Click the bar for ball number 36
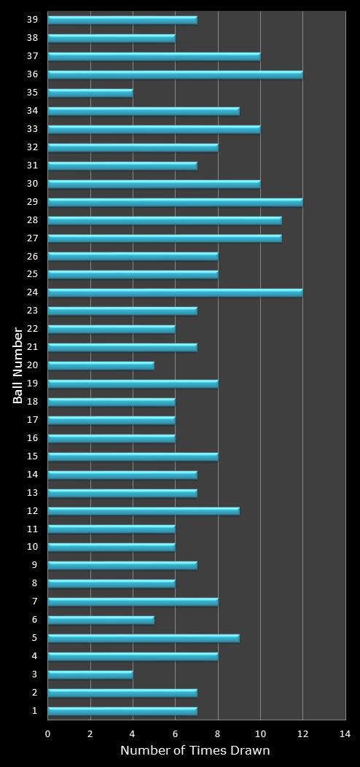175,74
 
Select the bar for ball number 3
90,674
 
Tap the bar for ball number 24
175,292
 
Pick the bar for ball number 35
90,93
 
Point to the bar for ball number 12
144,511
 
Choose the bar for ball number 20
101,365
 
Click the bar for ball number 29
175,202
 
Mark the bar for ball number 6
101,620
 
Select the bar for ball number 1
122,711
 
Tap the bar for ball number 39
122,20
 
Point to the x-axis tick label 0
48,734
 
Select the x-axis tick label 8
218,734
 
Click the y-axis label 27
33,238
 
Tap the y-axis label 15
33,456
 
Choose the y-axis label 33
33,128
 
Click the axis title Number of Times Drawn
195,750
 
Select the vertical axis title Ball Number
17,365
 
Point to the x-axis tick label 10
260,734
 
